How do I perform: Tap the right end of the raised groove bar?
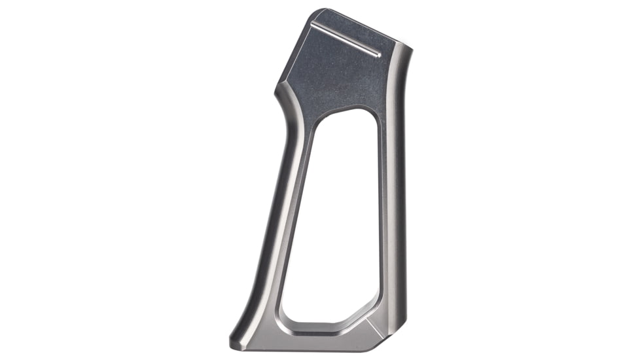pos(379,54)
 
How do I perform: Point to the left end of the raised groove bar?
pos(313,24)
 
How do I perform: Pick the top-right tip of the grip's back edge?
pos(409,47)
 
